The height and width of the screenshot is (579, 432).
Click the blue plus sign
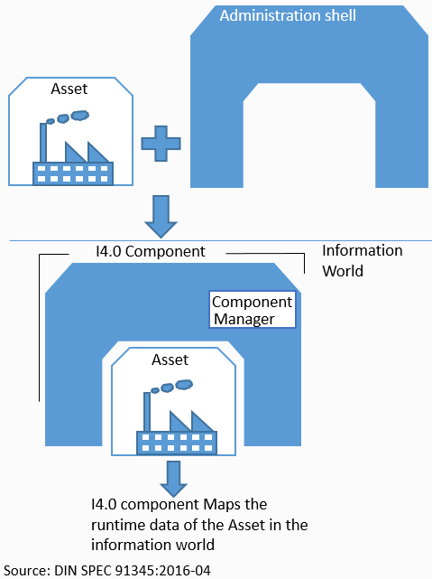pos(161,144)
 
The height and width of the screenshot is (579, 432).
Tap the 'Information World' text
pos(362,260)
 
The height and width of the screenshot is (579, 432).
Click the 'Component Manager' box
pos(253,310)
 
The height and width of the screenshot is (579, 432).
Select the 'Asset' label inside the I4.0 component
pos(170,360)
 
